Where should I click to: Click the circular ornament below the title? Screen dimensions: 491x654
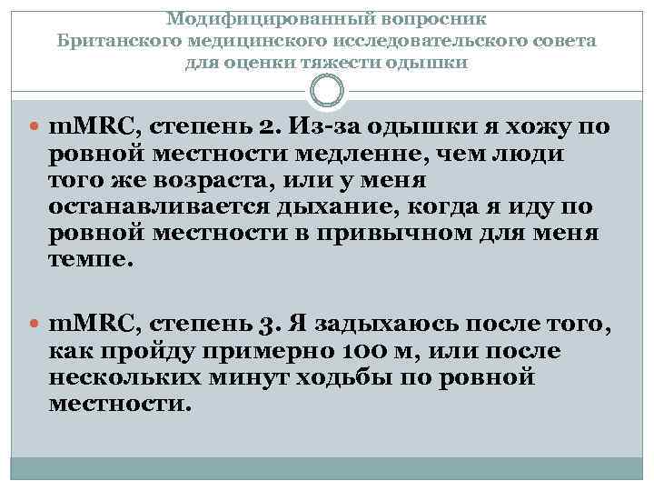click(327, 90)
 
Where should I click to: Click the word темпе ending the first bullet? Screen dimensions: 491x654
click(91, 260)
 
